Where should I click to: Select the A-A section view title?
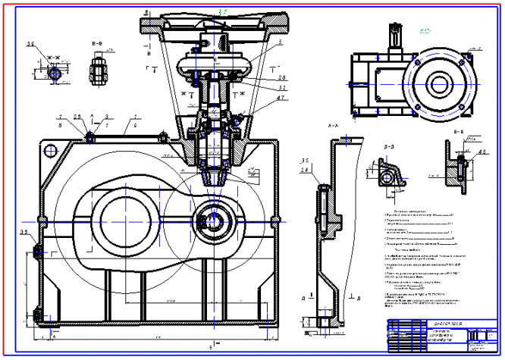[x=332, y=122]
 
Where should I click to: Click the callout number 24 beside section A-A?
[x=304, y=171]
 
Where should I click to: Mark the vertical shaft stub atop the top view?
[x=394, y=36]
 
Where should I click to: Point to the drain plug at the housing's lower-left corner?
[x=37, y=312]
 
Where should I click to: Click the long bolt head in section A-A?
[x=324, y=186]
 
